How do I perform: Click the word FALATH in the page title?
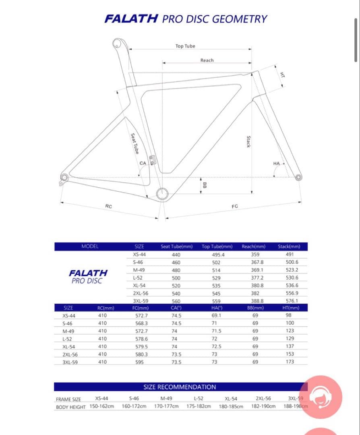point(130,19)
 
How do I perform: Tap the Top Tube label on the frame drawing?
point(185,46)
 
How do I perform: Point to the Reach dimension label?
point(207,60)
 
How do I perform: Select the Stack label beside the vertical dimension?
point(249,142)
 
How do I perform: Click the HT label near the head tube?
point(283,75)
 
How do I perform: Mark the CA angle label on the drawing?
point(143,163)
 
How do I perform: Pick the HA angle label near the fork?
point(276,164)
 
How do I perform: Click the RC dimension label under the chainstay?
point(109,206)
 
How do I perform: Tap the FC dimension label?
point(235,206)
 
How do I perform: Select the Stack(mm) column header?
point(288,246)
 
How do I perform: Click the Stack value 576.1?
point(292,301)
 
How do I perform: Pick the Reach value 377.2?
point(257,278)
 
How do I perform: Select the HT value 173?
point(290,362)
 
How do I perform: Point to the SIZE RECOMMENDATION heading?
point(180,387)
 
